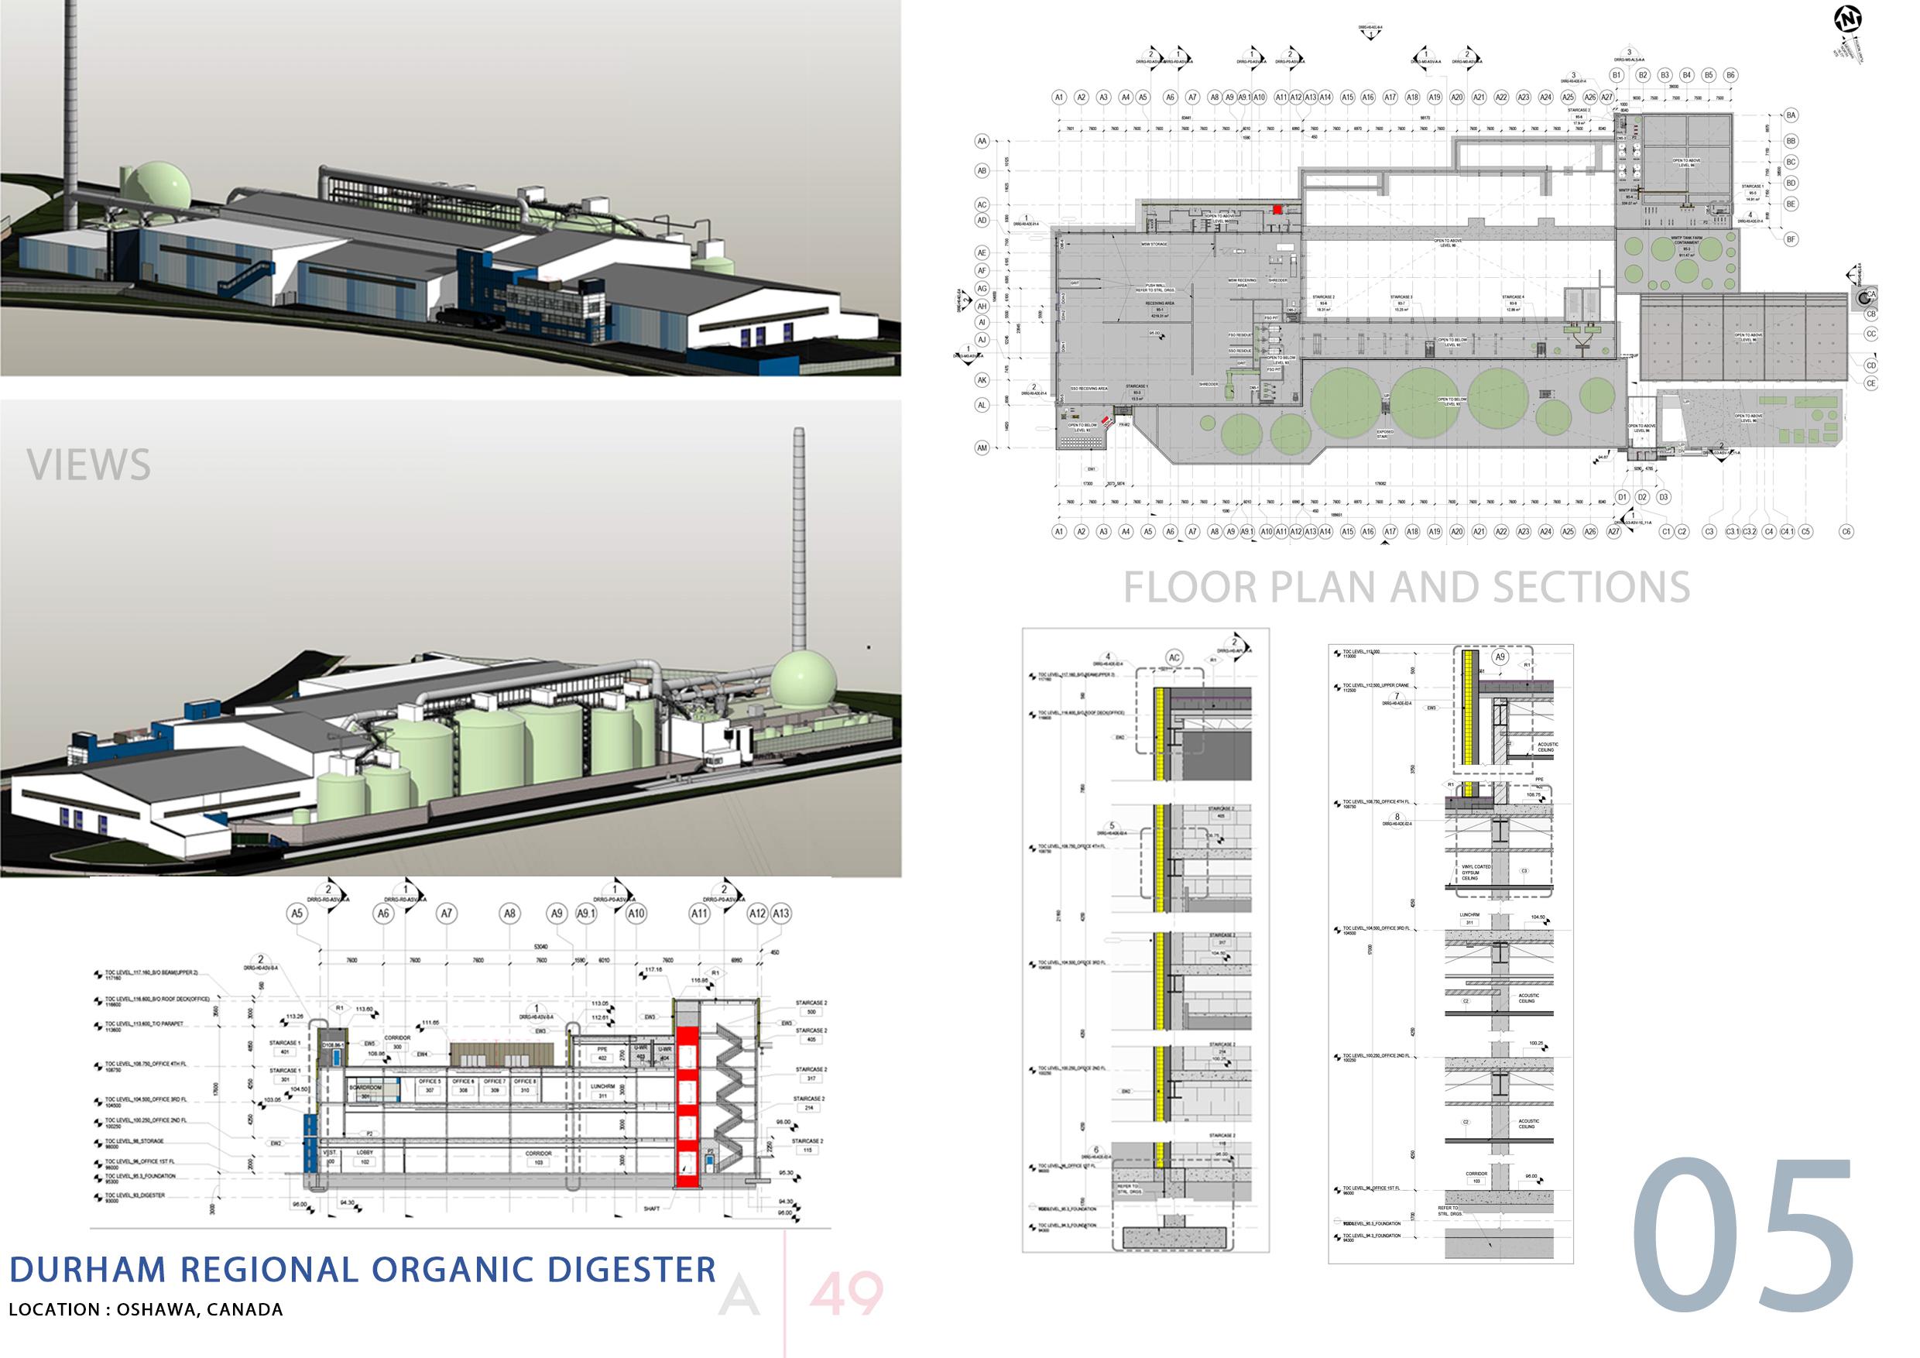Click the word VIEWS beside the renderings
coord(88,465)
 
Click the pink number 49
coord(846,1295)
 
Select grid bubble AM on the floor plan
coord(982,448)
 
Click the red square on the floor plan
coord(1277,208)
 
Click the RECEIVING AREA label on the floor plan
coord(1160,303)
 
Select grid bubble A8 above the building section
coord(510,914)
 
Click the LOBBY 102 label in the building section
coord(364,1155)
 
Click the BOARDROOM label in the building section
coord(365,1088)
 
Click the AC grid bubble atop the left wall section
coord(1174,658)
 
